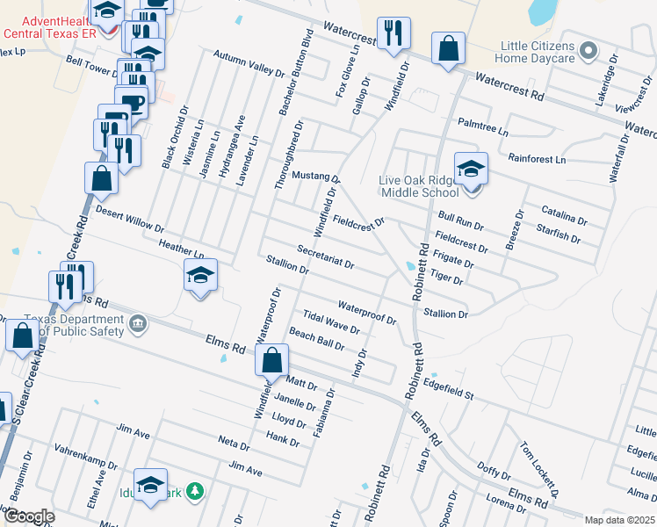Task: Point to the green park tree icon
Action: click(199, 492)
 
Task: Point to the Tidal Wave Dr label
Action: click(330, 322)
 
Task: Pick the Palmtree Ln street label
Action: click(481, 126)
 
